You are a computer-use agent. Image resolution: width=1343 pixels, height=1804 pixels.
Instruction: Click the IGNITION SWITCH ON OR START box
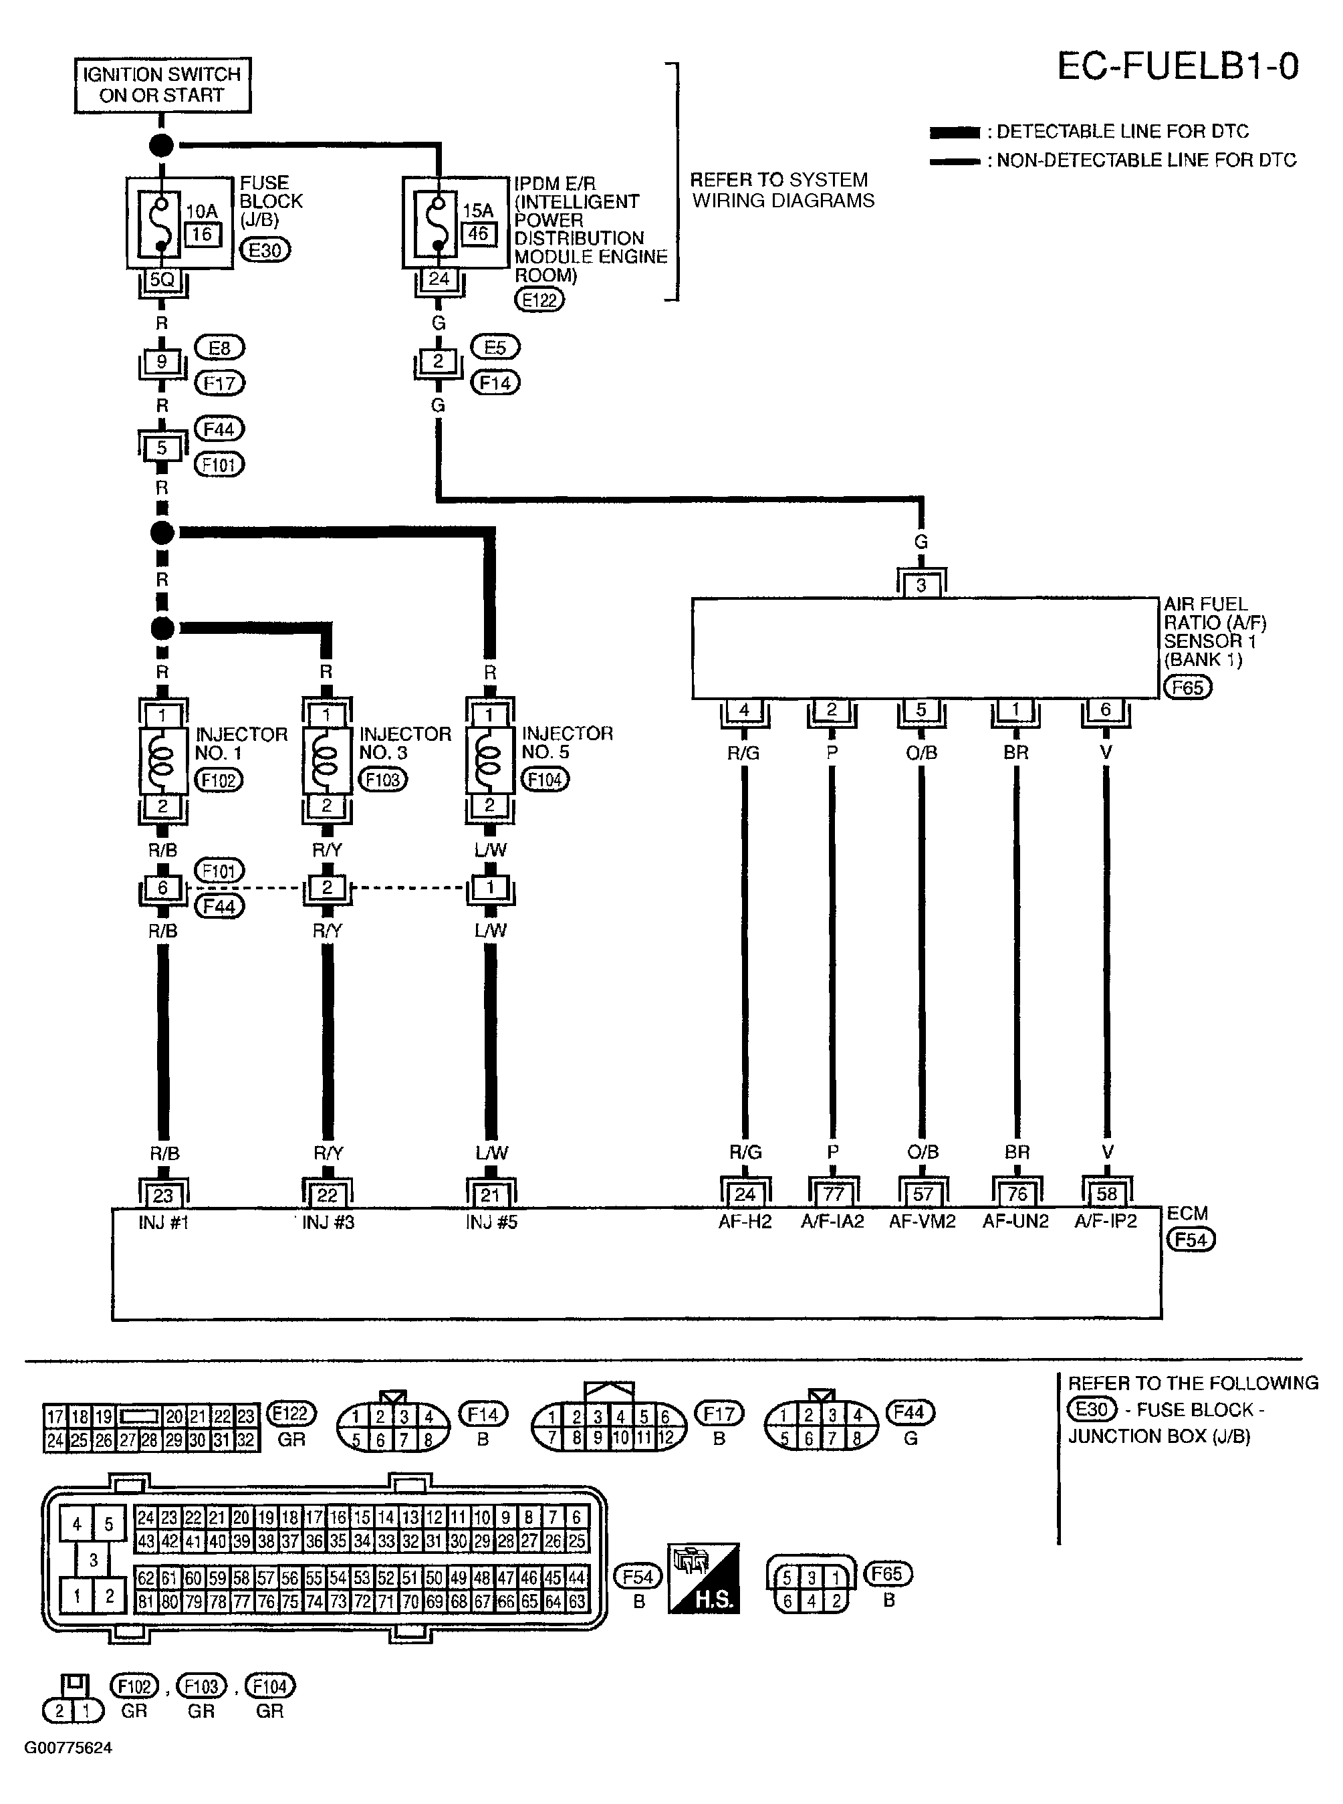(162, 84)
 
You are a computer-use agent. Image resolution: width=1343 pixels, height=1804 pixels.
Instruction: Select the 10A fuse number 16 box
(202, 234)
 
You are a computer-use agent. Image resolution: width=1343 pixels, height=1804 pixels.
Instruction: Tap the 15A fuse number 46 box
(478, 233)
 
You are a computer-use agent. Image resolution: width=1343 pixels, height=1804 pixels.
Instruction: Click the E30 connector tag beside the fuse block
(265, 250)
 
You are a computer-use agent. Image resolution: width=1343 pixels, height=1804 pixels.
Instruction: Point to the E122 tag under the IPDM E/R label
(539, 300)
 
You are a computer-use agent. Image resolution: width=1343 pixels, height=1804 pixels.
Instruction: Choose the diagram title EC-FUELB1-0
(1177, 67)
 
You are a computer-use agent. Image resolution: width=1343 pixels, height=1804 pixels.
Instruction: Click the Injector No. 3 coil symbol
(327, 760)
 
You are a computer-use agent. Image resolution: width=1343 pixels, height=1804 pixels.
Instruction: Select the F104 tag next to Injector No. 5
(545, 780)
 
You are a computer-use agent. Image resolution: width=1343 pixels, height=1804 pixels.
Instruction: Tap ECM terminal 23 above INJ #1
(163, 1195)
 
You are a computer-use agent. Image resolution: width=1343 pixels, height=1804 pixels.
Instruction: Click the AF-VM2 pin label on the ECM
(922, 1221)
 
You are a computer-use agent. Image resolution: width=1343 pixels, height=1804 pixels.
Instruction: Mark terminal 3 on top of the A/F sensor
(921, 585)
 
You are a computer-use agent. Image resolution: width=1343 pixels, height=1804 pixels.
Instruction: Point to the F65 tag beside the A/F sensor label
(1187, 688)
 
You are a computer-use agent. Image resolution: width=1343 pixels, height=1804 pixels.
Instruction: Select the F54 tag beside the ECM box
(1190, 1240)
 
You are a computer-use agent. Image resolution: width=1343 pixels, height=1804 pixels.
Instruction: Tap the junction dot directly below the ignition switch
(162, 146)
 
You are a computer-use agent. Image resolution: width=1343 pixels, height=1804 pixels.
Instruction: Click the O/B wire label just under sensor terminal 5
(922, 754)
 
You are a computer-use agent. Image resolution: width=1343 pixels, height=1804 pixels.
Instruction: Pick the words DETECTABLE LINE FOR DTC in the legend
(1122, 132)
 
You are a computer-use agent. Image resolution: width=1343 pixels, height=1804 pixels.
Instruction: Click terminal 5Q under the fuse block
(162, 279)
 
